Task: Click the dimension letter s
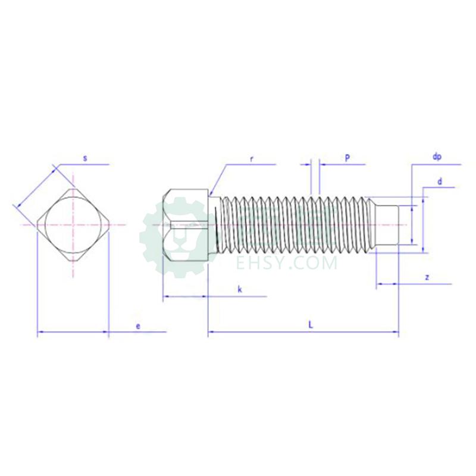(85, 158)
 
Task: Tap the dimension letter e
(138, 326)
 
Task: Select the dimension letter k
(240, 289)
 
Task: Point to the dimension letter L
(311, 325)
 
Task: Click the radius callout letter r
(251, 159)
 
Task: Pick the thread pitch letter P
(347, 158)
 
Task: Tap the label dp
(437, 157)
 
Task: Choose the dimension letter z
(427, 277)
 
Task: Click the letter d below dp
(439, 181)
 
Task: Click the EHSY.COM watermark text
(287, 263)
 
